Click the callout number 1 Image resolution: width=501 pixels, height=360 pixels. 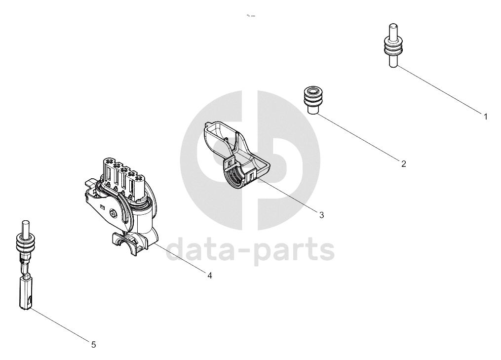486,117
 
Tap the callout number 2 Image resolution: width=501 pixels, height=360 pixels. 404,164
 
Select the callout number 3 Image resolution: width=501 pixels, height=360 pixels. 321,215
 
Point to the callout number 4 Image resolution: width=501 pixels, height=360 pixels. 210,275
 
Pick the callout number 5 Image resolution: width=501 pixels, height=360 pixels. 93,345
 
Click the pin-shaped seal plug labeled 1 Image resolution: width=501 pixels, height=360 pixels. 393,45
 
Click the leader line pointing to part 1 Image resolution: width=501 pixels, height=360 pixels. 439,89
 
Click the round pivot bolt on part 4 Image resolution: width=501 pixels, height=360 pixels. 113,213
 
